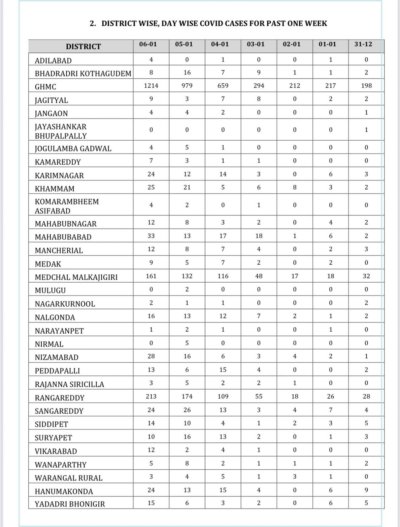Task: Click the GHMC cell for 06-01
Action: tap(151, 86)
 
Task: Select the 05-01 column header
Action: tap(187, 44)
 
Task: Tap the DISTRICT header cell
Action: tap(83, 46)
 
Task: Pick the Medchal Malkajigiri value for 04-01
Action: tap(223, 276)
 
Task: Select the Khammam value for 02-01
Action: tap(295, 187)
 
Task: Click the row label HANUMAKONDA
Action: tap(64, 491)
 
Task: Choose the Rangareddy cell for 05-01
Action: tap(187, 396)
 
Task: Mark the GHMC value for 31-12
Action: tap(366, 86)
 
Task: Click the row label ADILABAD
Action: tap(53, 61)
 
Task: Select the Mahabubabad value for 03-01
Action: tap(259, 236)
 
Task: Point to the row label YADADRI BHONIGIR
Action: tap(70, 504)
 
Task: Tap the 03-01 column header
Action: tap(256, 44)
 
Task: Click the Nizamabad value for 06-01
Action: tap(151, 356)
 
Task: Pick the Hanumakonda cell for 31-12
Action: tap(366, 490)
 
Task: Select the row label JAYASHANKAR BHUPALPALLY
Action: tap(61, 131)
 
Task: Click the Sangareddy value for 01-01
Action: tap(331, 410)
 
